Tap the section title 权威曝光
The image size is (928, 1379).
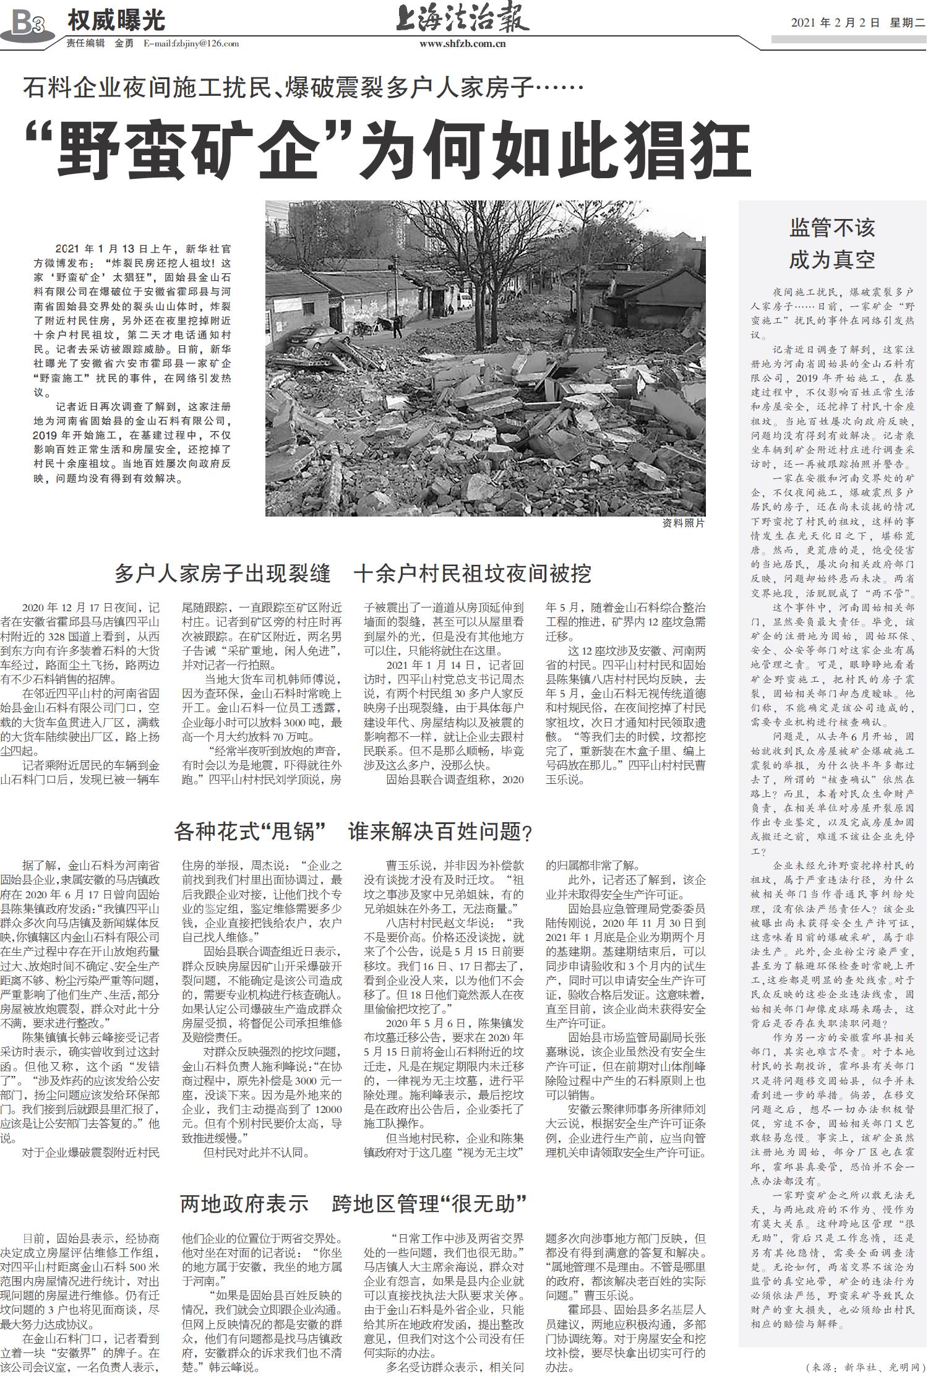click(116, 21)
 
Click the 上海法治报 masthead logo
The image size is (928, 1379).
click(462, 17)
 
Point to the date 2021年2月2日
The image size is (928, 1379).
click(835, 23)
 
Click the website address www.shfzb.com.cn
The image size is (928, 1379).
click(462, 44)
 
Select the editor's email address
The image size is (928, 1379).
click(191, 44)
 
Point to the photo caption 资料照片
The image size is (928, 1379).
click(683, 523)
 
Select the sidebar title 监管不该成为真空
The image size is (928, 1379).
click(832, 244)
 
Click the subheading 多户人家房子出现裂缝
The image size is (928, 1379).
click(223, 574)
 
